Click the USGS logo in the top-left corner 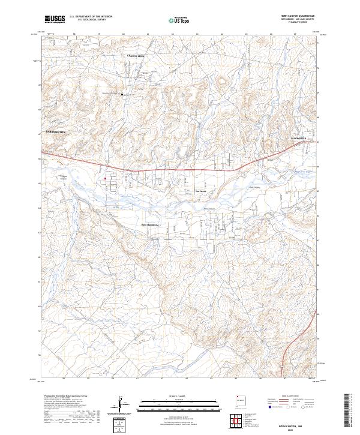tap(55, 19)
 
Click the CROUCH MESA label tap(136, 56)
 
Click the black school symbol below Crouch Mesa tap(122, 94)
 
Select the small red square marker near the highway tap(106, 178)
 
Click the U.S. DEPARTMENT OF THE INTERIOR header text tap(91, 17)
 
